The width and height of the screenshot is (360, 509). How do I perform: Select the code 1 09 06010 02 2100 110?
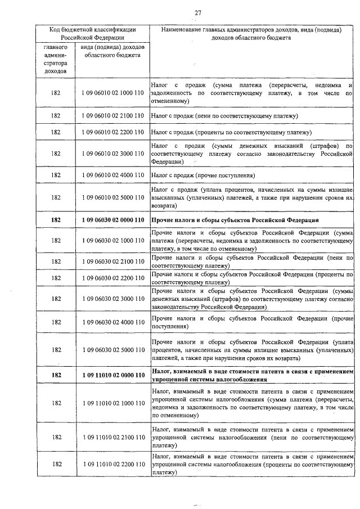click(x=112, y=115)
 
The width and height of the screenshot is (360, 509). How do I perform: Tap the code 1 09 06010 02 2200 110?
click(x=112, y=132)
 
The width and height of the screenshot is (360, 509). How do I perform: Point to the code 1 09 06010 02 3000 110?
click(x=112, y=154)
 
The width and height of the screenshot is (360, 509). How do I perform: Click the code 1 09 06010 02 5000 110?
click(x=112, y=197)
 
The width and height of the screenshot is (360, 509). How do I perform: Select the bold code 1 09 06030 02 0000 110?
click(x=112, y=219)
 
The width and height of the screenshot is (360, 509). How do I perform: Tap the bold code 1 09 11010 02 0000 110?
click(x=112, y=375)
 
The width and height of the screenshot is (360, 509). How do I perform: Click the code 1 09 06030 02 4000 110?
click(x=112, y=322)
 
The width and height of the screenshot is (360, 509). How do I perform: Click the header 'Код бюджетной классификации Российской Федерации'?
click(x=92, y=33)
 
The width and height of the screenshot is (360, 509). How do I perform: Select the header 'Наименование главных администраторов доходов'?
click(x=251, y=33)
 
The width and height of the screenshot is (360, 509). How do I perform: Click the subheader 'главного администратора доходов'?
click(x=56, y=60)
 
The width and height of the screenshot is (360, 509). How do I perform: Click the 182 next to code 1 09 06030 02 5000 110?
click(x=56, y=350)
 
